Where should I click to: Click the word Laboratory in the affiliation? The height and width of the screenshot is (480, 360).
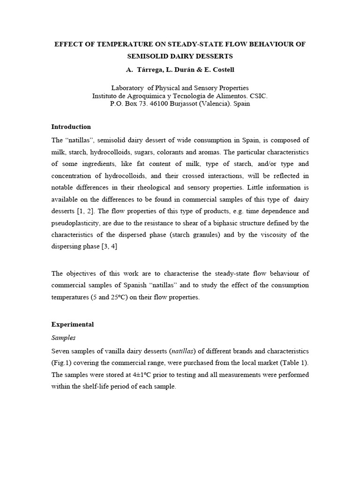(127, 88)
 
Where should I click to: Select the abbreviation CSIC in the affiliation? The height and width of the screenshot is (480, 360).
(257, 96)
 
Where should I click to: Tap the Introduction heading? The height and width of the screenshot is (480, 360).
(71, 127)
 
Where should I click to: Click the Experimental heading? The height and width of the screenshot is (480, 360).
(72, 324)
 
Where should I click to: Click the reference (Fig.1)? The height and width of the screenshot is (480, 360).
(62, 363)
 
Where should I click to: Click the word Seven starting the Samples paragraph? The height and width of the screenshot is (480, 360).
(60, 351)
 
